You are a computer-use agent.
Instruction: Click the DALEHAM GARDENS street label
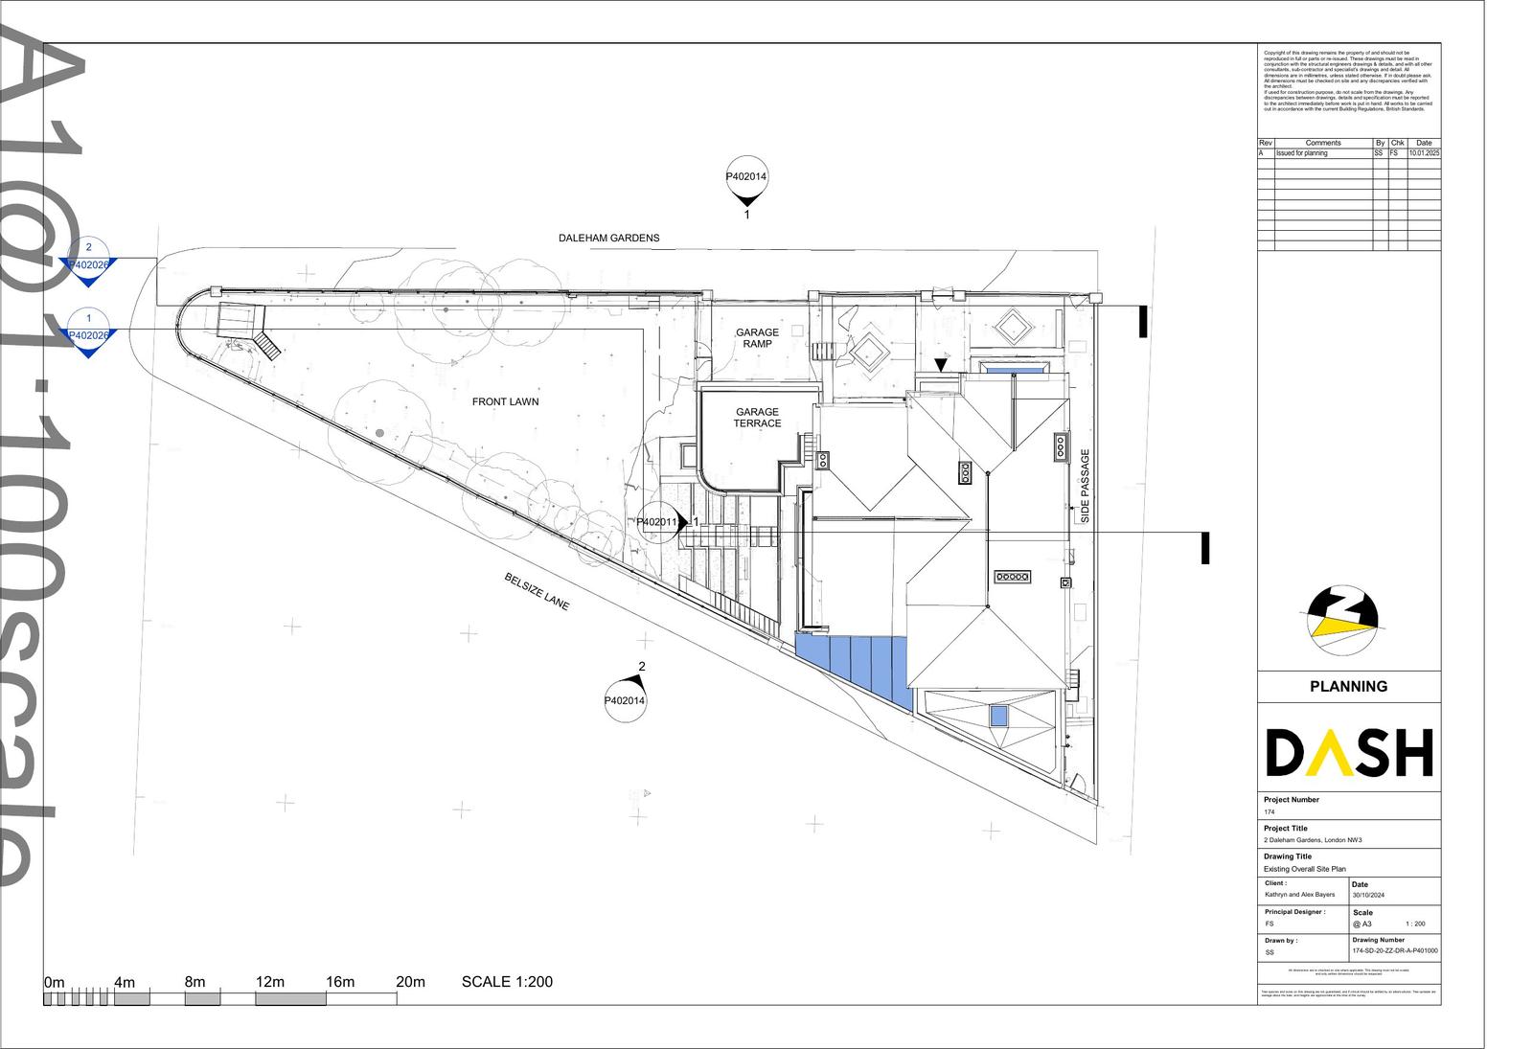point(608,238)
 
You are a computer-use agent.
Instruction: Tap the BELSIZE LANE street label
point(537,591)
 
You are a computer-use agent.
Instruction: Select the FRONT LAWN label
point(505,401)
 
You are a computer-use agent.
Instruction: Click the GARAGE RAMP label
point(757,338)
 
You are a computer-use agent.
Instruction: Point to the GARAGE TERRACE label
point(757,417)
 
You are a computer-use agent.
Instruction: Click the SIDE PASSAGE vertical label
point(1086,486)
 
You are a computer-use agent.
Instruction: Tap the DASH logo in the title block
point(1349,752)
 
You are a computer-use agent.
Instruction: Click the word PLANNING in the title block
point(1348,686)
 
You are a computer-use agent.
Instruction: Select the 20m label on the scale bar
point(410,982)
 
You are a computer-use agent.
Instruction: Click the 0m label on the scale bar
point(54,982)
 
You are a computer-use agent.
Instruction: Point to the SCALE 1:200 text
point(507,981)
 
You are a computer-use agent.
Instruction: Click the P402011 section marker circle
point(658,523)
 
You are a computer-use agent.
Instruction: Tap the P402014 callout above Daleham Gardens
point(746,177)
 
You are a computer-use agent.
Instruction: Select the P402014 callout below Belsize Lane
point(625,700)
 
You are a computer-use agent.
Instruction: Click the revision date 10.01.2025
point(1424,153)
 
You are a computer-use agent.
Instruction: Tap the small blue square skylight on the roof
point(998,716)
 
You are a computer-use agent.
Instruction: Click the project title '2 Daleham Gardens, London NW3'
point(1313,840)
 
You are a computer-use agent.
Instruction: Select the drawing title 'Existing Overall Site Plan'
point(1304,869)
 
